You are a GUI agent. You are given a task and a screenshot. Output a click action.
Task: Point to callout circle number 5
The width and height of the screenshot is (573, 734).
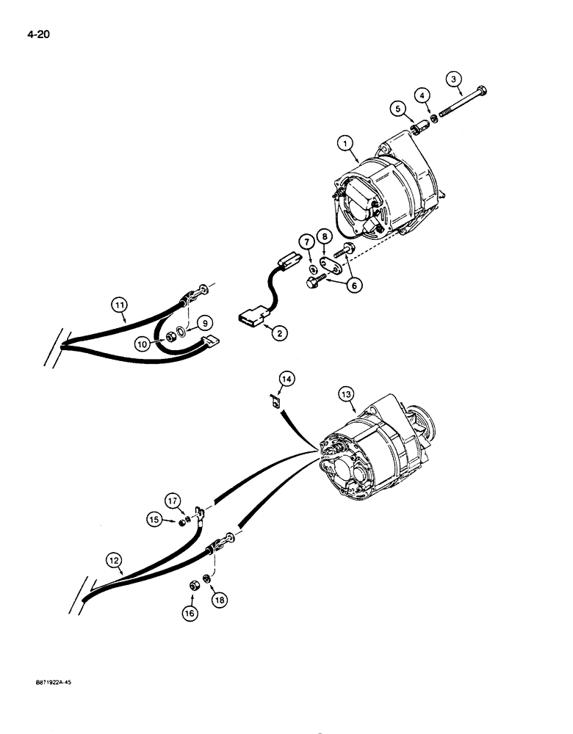coord(399,109)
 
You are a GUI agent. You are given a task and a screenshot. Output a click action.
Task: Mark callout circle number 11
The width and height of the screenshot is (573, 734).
coord(120,303)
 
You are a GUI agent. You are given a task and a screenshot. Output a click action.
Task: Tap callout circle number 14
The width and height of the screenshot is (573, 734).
coord(286,379)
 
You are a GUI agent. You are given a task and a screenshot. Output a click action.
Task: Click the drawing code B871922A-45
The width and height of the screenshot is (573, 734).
coord(50,683)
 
